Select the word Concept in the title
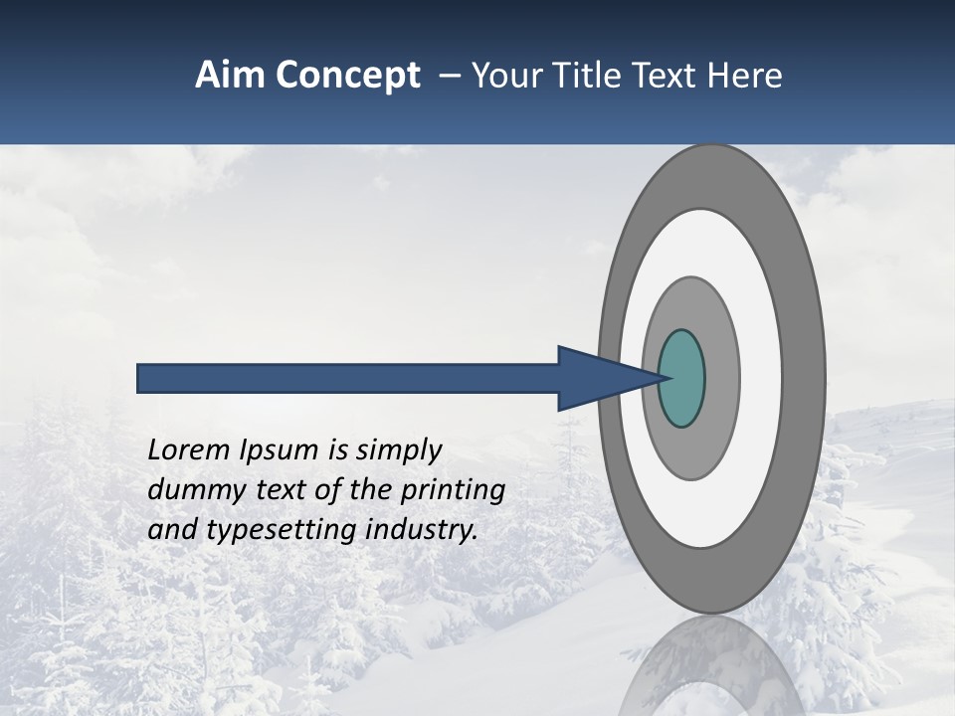349,76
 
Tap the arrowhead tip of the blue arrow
665,378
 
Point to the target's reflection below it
712,666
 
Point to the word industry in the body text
422,530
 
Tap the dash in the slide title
449,76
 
